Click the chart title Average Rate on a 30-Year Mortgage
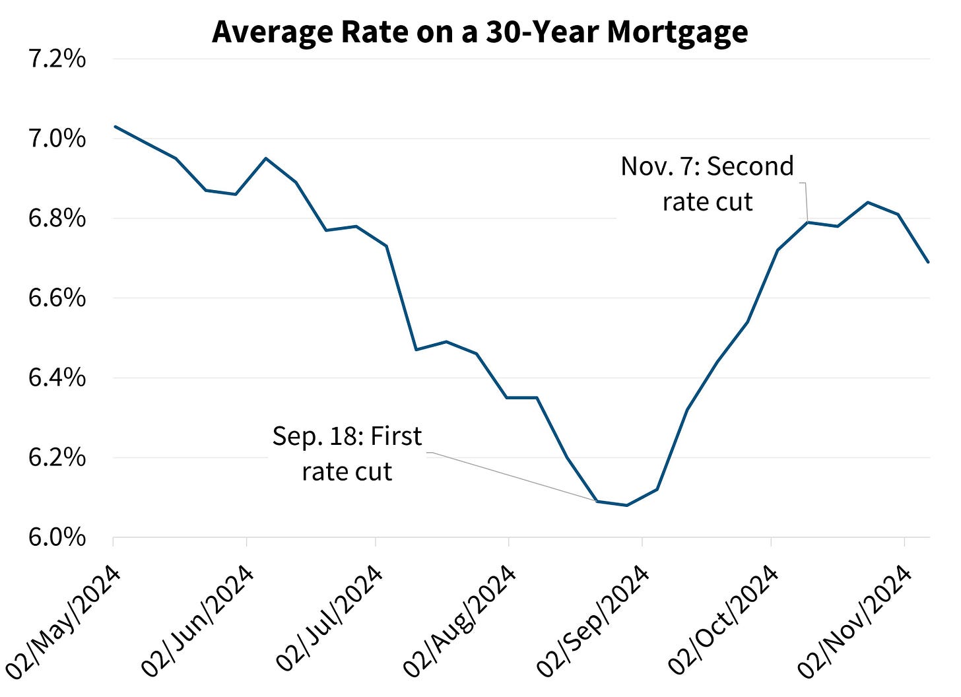tap(480, 32)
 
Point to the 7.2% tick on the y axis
tap(57, 59)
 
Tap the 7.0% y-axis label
tap(57, 139)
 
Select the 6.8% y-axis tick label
tap(57, 218)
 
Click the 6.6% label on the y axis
tap(57, 298)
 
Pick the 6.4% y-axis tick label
tap(57, 378)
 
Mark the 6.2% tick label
tap(57, 457)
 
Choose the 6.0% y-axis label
tap(57, 537)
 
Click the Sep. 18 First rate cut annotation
tap(347, 454)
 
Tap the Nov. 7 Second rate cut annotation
tap(708, 184)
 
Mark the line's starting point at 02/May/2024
tap(114, 126)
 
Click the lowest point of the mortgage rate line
tap(626, 506)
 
